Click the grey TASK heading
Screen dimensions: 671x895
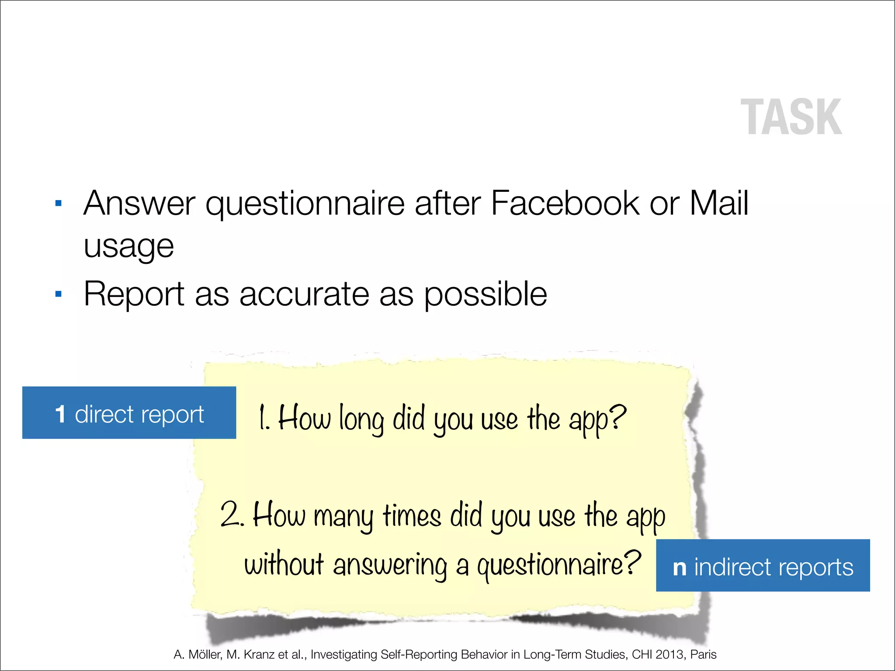[791, 117]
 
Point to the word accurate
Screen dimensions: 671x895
[304, 294]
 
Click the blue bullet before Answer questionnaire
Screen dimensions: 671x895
[59, 204]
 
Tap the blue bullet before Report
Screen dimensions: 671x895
[59, 294]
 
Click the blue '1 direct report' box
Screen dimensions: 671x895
[129, 412]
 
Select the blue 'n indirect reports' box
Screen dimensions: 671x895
[763, 565]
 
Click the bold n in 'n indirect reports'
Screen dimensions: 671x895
[680, 567]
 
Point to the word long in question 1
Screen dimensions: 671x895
[361, 419]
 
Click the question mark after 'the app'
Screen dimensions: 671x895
[617, 417]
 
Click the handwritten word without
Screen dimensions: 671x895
[284, 564]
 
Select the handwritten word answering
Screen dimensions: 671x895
[390, 566]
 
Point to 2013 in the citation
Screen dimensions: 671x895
[670, 654]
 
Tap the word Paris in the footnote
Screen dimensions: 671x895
[703, 654]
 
